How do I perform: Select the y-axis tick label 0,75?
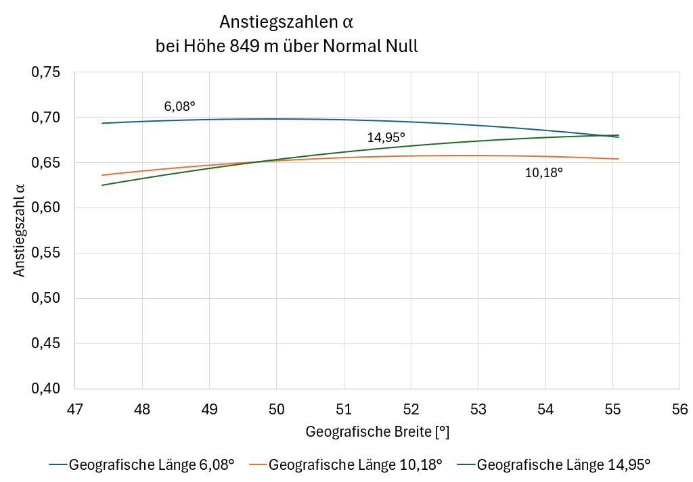click(46, 72)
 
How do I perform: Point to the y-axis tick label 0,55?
click(46, 253)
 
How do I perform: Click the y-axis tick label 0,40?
click(46, 389)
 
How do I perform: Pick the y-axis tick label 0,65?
click(46, 163)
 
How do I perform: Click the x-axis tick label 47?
click(74, 410)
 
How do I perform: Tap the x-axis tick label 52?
click(411, 410)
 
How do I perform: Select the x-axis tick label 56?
click(679, 410)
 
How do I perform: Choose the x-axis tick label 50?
click(276, 410)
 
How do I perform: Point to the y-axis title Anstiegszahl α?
click(20, 231)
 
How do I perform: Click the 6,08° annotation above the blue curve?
click(179, 106)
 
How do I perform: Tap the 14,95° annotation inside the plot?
click(386, 137)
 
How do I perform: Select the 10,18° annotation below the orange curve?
click(544, 172)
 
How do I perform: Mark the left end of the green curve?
click(102, 185)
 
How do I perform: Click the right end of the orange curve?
click(619, 159)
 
